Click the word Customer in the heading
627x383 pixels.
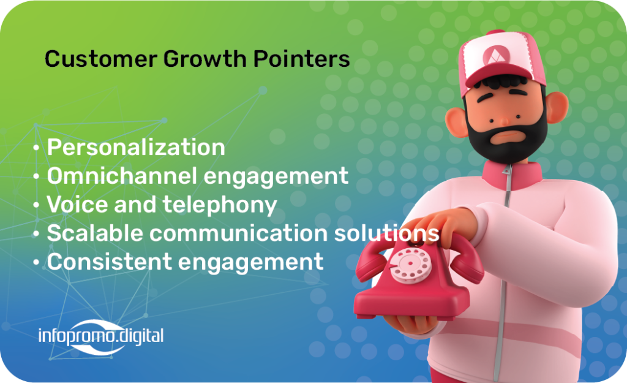[101, 59]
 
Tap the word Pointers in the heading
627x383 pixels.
[302, 59]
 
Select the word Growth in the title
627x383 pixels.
[205, 59]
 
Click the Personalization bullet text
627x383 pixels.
[136, 147]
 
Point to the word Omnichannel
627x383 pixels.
[119, 176]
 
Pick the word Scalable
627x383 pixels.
[95, 233]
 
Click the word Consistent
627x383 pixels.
[110, 262]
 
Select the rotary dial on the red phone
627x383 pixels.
[411, 265]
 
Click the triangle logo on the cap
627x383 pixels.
[496, 56]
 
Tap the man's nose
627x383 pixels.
[505, 119]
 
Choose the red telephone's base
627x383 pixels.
[412, 298]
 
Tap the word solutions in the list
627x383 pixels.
[387, 233]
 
